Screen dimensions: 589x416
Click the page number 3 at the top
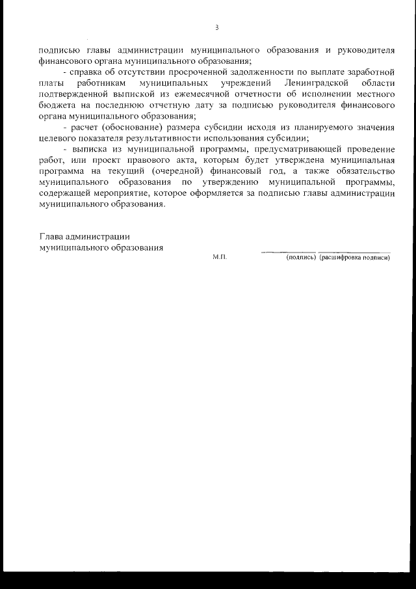pos(216,27)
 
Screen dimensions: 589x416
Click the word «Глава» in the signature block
pos(51,237)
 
